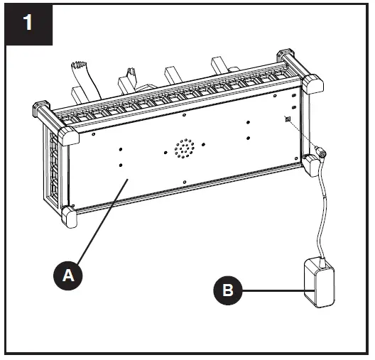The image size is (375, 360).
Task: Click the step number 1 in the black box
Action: tap(27, 23)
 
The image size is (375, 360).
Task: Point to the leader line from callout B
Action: tap(273, 289)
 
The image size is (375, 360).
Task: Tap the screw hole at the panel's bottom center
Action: tap(185, 182)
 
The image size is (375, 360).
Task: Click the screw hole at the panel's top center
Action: tap(184, 114)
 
